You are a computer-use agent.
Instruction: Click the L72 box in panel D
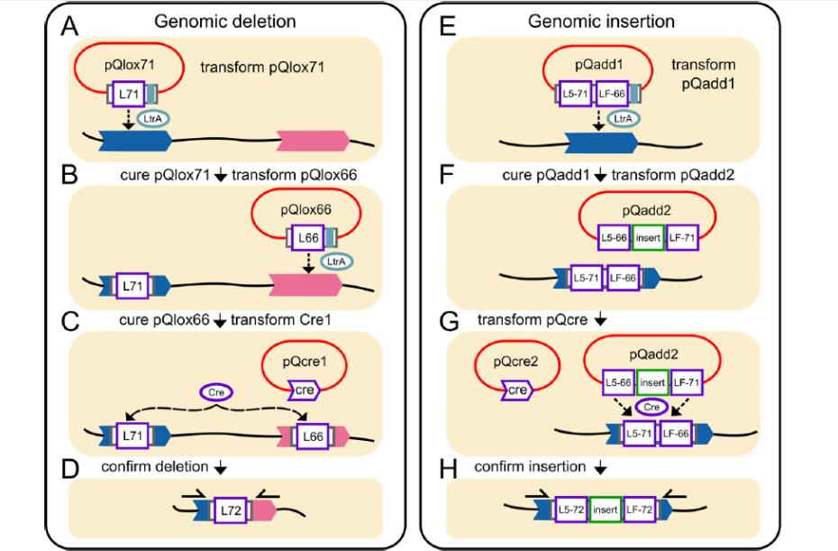click(229, 512)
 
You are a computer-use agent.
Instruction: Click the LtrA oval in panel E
click(622, 120)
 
